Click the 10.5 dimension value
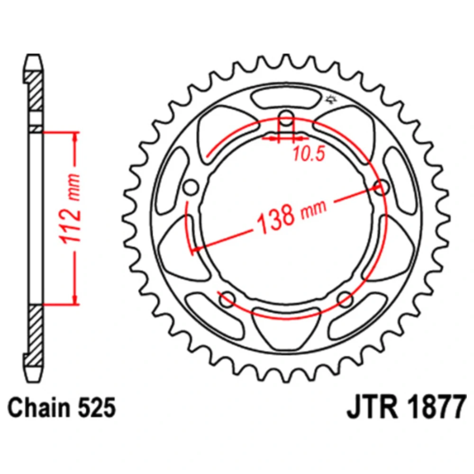(x=309, y=154)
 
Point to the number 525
(x=97, y=408)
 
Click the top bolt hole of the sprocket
(x=286, y=119)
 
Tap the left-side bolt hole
(x=191, y=187)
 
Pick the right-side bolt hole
(x=381, y=187)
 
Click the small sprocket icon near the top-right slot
(x=331, y=99)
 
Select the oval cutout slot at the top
(x=286, y=99)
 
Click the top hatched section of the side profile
(x=36, y=91)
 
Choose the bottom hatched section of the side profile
(x=36, y=336)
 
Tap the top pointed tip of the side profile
(x=33, y=55)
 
